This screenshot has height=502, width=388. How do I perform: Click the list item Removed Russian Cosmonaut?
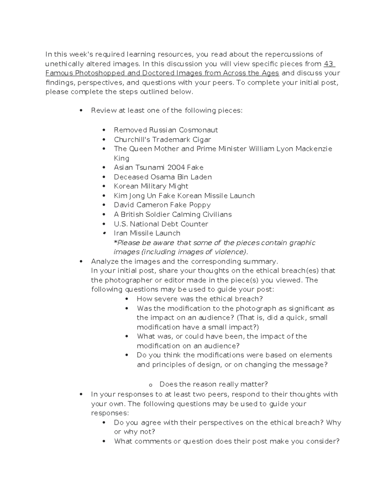166,130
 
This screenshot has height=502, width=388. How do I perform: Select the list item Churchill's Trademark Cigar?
162,140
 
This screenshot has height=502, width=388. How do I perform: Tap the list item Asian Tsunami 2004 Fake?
158,167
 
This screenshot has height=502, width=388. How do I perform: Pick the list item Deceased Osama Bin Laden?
163,177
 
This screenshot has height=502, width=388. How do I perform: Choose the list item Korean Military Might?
151,186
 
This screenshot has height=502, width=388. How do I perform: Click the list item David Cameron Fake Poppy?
162,205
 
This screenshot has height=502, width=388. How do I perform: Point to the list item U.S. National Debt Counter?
161,224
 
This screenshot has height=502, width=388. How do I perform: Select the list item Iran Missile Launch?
147,233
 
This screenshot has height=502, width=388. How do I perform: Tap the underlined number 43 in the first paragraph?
329,64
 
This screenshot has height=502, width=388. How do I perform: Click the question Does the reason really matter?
213,384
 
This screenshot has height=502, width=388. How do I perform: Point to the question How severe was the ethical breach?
199,299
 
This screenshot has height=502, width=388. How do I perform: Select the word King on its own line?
122,158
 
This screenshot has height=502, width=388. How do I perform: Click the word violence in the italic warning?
231,252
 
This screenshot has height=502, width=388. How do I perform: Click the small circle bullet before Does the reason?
150,385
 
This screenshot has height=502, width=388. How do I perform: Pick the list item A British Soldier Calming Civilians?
173,214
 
